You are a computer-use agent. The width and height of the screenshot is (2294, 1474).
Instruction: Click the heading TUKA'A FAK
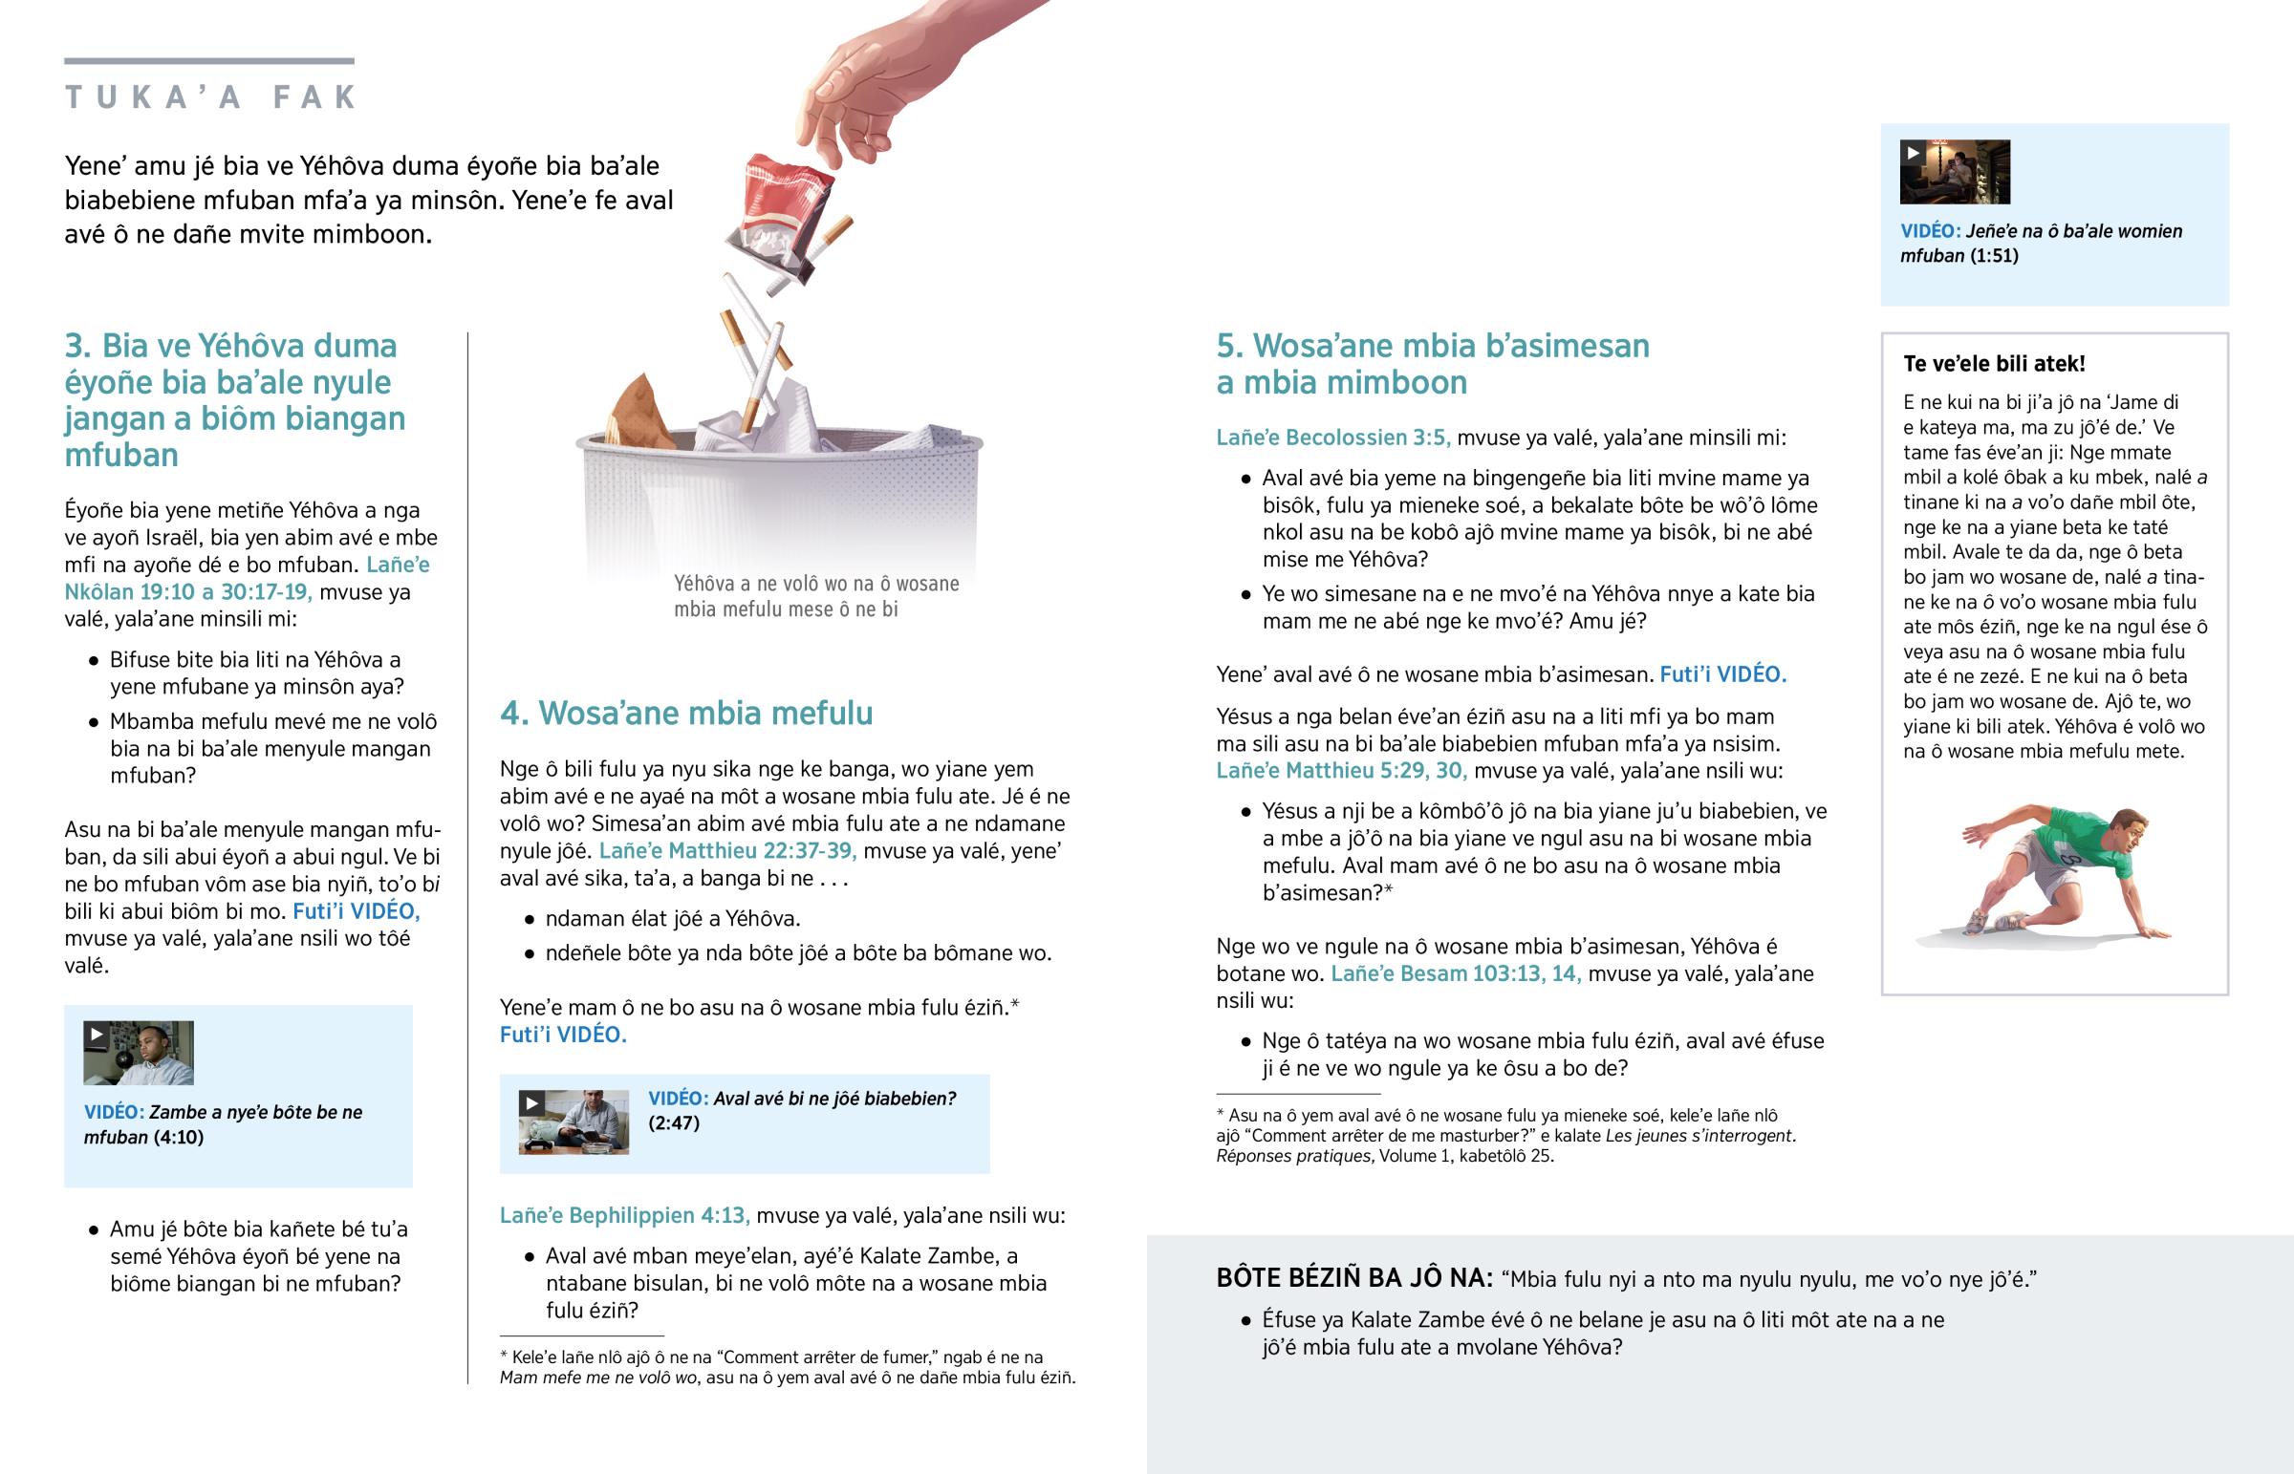click(x=209, y=96)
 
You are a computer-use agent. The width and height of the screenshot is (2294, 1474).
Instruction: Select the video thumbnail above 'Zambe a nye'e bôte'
click(x=139, y=1053)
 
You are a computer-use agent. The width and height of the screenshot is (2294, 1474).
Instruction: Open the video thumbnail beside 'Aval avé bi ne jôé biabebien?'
click(x=573, y=1122)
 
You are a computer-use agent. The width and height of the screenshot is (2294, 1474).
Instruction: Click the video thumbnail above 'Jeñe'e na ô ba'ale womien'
click(x=1954, y=172)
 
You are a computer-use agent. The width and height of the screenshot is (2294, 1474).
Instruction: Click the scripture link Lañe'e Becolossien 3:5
click(x=1332, y=438)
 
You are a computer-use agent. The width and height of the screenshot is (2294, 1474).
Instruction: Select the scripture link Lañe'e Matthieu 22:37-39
click(x=727, y=851)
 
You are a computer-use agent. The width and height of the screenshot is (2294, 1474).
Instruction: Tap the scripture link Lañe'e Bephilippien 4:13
click(x=624, y=1214)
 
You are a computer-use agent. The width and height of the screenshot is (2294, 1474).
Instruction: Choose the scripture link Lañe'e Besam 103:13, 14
click(x=1456, y=973)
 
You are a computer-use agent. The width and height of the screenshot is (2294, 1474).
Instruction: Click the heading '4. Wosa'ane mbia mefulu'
click(x=685, y=713)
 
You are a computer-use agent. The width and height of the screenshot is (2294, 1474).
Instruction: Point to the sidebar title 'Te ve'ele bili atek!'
click(x=1993, y=364)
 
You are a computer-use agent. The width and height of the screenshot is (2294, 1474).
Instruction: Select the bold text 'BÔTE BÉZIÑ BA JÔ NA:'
click(x=1353, y=1278)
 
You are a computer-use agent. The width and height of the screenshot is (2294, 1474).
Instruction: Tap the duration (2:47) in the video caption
click(x=674, y=1122)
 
